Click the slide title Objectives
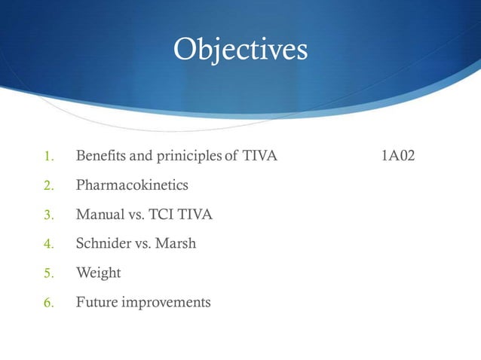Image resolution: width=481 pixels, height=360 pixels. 240,50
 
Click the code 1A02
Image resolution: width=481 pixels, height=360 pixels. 397,156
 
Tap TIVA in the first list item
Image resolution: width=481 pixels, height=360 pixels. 261,156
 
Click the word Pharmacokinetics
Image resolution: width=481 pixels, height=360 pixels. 132,185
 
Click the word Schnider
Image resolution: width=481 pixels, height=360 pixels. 104,244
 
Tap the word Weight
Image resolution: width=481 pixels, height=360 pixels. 98,273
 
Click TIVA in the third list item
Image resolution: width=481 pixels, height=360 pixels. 195,215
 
